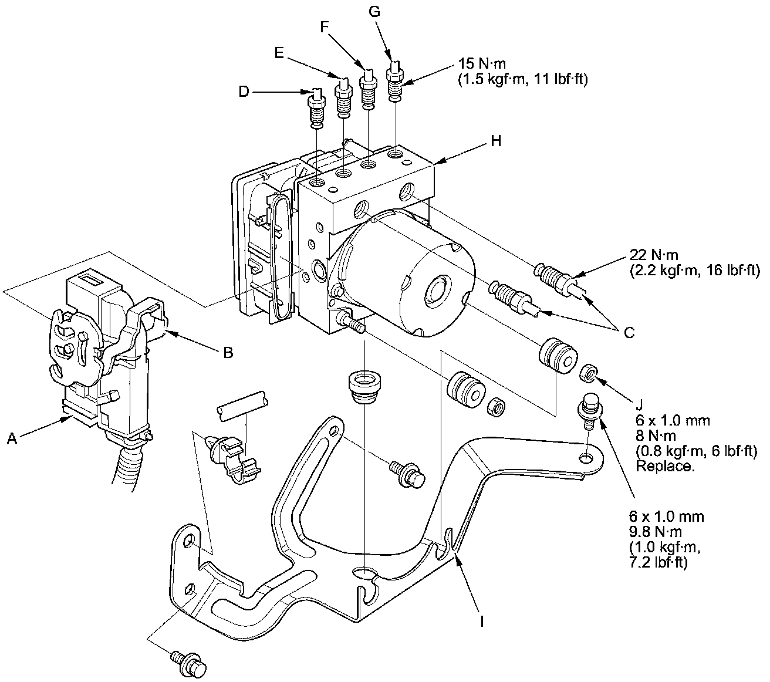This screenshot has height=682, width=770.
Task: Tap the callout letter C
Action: [x=629, y=332]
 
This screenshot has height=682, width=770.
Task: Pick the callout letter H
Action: [x=496, y=142]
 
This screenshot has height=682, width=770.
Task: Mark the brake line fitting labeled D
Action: [x=316, y=109]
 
